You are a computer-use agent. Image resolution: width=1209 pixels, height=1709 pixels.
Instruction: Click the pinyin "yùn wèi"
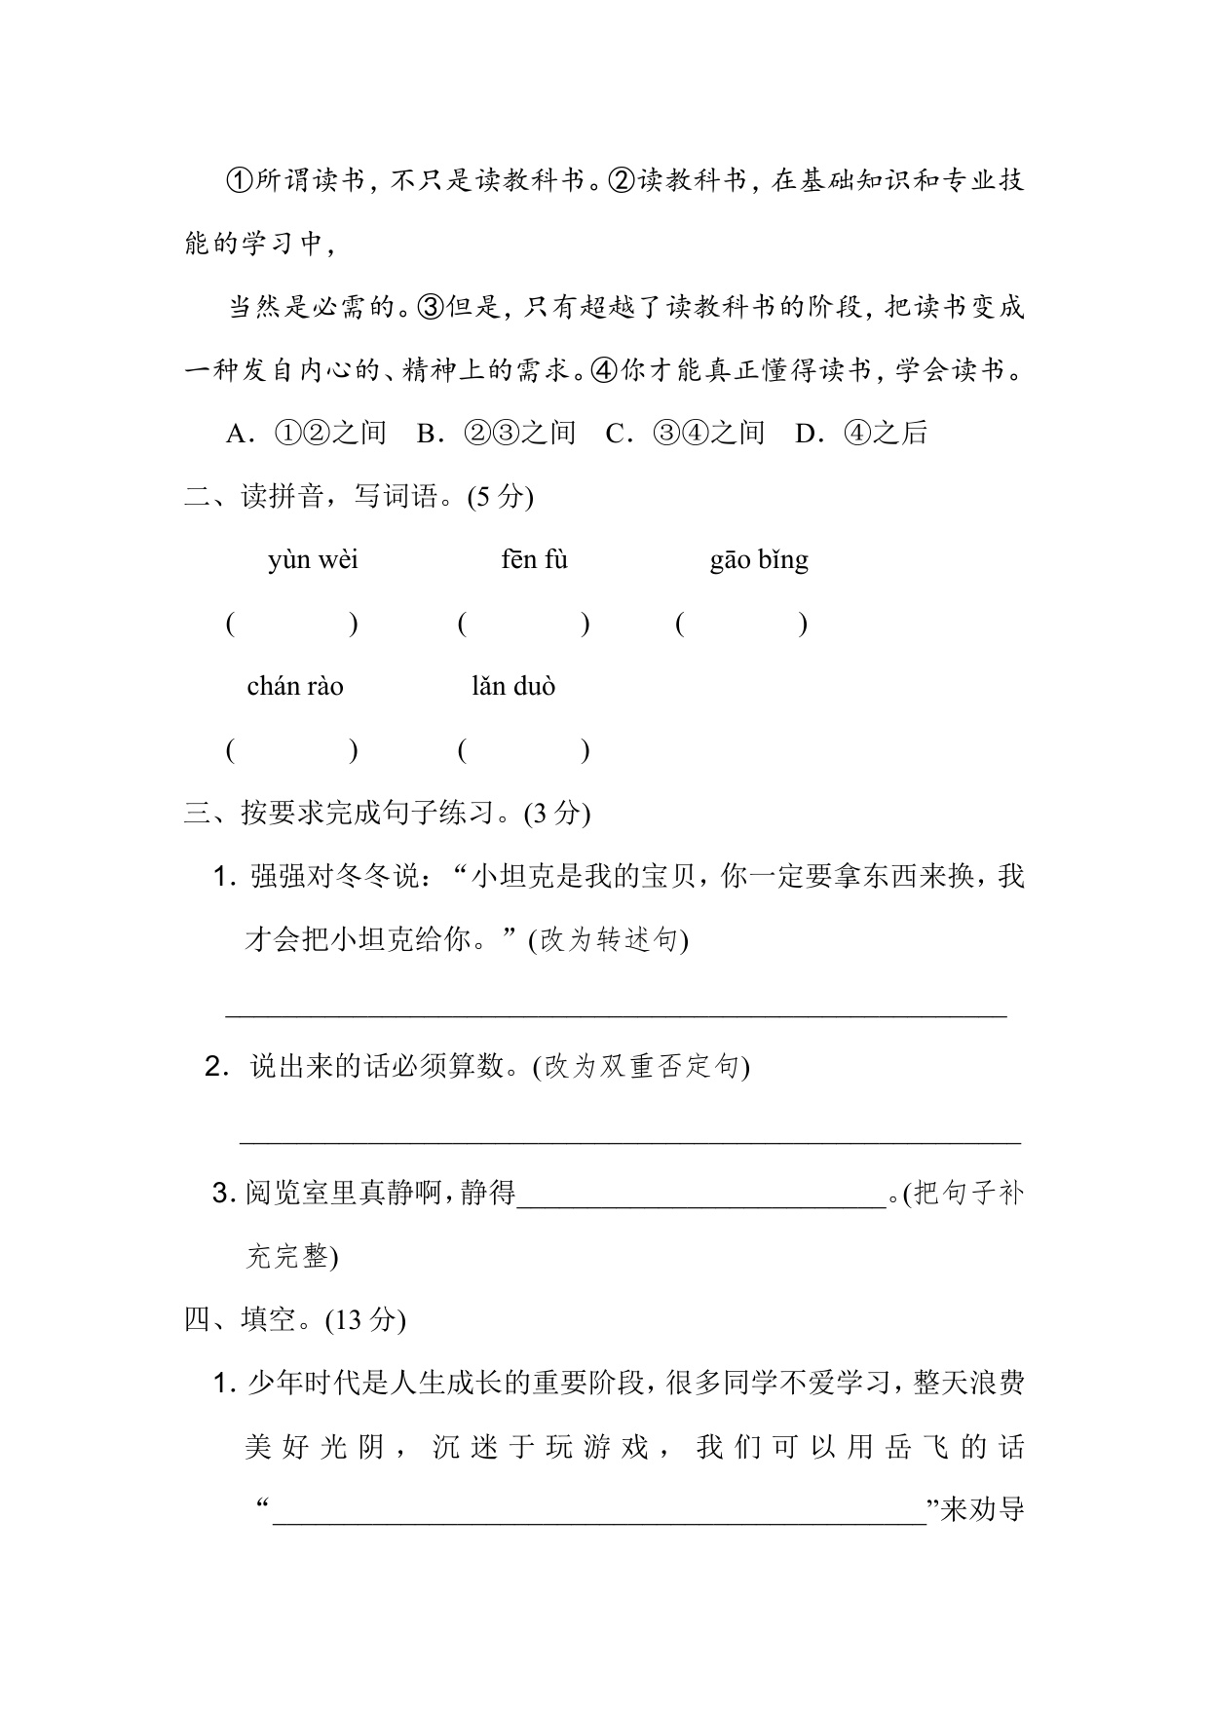313,560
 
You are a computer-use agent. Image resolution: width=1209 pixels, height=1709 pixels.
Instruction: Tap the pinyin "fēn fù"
534,560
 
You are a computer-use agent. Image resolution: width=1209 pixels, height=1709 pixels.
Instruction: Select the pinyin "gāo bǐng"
759,560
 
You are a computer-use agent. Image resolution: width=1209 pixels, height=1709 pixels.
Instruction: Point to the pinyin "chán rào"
295,687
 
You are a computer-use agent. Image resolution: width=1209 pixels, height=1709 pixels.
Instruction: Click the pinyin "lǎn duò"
513,687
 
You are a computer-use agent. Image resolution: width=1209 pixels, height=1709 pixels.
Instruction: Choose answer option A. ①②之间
306,434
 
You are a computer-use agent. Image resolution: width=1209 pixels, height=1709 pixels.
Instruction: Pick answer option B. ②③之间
496,434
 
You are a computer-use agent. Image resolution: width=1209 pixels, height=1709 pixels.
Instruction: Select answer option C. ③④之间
685,434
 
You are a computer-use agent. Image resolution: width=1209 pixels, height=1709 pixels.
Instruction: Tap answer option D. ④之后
861,434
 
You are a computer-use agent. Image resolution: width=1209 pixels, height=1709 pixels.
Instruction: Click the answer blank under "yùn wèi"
292,625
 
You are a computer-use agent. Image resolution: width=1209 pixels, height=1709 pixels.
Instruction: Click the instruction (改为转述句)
609,940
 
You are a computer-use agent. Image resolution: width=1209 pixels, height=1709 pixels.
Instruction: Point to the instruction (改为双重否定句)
641,1067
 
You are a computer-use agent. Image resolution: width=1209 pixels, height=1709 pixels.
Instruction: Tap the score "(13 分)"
365,1320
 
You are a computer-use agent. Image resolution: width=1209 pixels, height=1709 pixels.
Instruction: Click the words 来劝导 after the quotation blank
983,1510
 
